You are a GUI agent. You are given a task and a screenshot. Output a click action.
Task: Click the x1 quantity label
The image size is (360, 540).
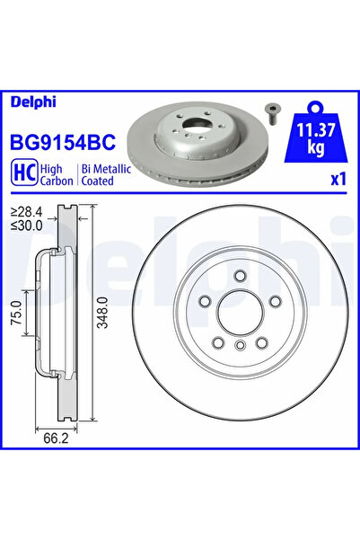click(x=338, y=179)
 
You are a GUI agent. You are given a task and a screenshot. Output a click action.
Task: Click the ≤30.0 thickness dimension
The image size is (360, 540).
click(x=24, y=227)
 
